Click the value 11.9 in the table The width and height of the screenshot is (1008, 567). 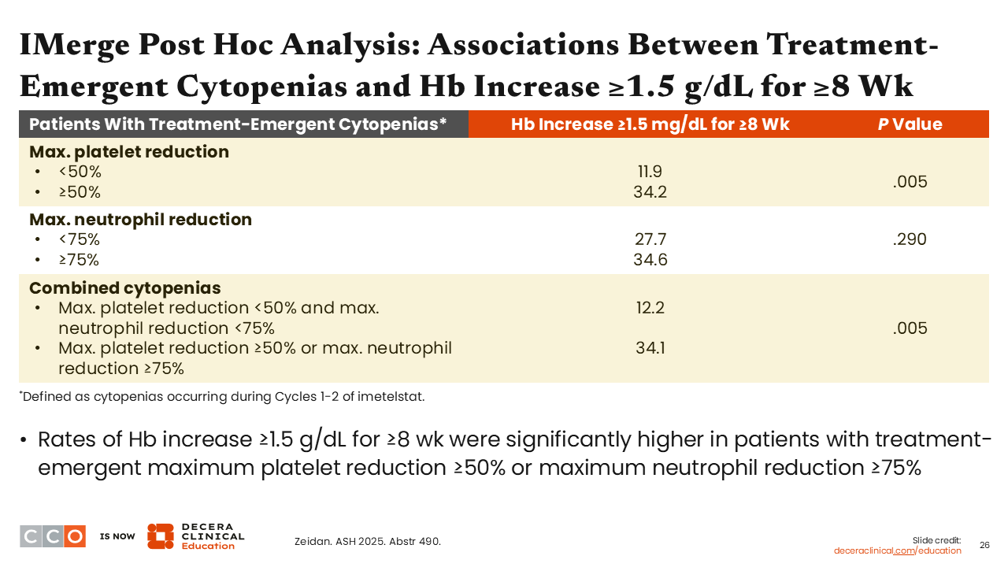650,172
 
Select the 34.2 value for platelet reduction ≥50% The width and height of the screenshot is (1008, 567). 650,192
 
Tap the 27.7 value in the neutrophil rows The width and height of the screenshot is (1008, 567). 650,239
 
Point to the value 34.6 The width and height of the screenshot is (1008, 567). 650,260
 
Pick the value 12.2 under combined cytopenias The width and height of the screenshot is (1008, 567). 650,308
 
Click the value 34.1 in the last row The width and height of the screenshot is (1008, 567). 650,347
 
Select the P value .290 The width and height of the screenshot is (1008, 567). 910,239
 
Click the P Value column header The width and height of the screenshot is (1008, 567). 910,124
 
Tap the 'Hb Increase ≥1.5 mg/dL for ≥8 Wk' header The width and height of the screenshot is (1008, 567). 650,124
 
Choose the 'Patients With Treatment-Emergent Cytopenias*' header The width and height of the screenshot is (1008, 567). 238,124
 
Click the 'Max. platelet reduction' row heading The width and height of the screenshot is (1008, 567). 129,152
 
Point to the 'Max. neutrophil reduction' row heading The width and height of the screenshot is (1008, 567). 140,220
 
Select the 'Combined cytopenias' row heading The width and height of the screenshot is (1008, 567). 124,287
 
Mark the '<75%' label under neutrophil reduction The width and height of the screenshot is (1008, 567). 79,240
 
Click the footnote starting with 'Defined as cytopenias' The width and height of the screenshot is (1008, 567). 223,397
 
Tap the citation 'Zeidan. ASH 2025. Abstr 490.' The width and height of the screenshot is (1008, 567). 367,541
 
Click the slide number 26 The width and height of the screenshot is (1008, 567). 984,545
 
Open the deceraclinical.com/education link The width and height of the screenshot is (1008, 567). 897,550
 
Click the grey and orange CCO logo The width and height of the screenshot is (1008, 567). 53,536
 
